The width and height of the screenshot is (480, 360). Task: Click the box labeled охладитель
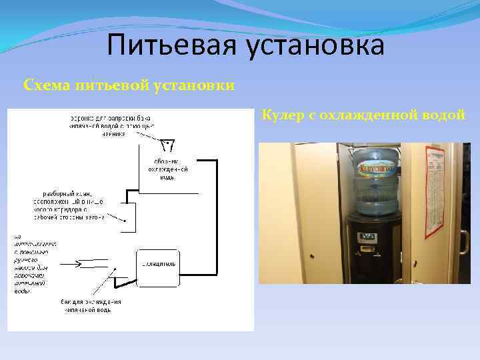coord(158,265)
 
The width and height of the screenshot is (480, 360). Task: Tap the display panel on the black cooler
coord(369,236)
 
